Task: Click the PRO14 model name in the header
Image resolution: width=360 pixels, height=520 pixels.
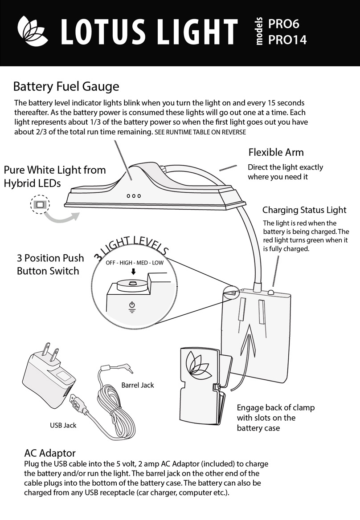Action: pos(287,40)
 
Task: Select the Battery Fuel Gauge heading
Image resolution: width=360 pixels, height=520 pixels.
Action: pos(66,85)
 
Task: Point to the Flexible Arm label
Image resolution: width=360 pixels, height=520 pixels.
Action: pos(276,152)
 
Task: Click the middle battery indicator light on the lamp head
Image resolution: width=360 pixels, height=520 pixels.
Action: pos(134,196)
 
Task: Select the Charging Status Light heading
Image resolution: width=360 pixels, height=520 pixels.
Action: pos(304,210)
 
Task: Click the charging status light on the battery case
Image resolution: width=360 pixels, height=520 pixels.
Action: pos(271,292)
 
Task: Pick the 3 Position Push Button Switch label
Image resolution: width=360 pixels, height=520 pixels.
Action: pos(50,264)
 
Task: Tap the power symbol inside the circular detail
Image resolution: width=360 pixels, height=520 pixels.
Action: pos(131,306)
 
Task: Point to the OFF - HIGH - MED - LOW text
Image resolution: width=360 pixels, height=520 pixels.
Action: pos(135,263)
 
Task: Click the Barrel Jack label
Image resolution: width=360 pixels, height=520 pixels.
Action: pos(138,385)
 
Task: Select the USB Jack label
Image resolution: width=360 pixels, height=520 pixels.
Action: pos(63,425)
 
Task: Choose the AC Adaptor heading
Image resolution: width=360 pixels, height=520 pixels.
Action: pos(50,454)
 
